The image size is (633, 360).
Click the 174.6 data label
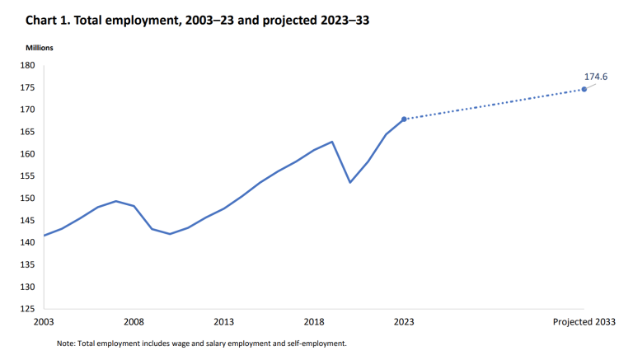(x=595, y=77)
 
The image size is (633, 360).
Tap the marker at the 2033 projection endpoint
(x=584, y=89)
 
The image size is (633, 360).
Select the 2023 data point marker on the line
(x=404, y=119)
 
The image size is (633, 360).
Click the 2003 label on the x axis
(x=45, y=322)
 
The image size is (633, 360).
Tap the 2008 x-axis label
(x=134, y=322)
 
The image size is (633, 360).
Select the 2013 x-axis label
(x=224, y=322)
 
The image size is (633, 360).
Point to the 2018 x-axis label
(x=314, y=322)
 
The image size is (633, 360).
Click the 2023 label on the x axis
(x=404, y=322)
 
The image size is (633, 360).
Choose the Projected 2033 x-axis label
(x=584, y=322)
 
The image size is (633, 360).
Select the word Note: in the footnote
(x=67, y=344)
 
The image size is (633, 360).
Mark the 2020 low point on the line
(x=350, y=182)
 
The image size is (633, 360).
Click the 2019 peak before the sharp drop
(x=332, y=142)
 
